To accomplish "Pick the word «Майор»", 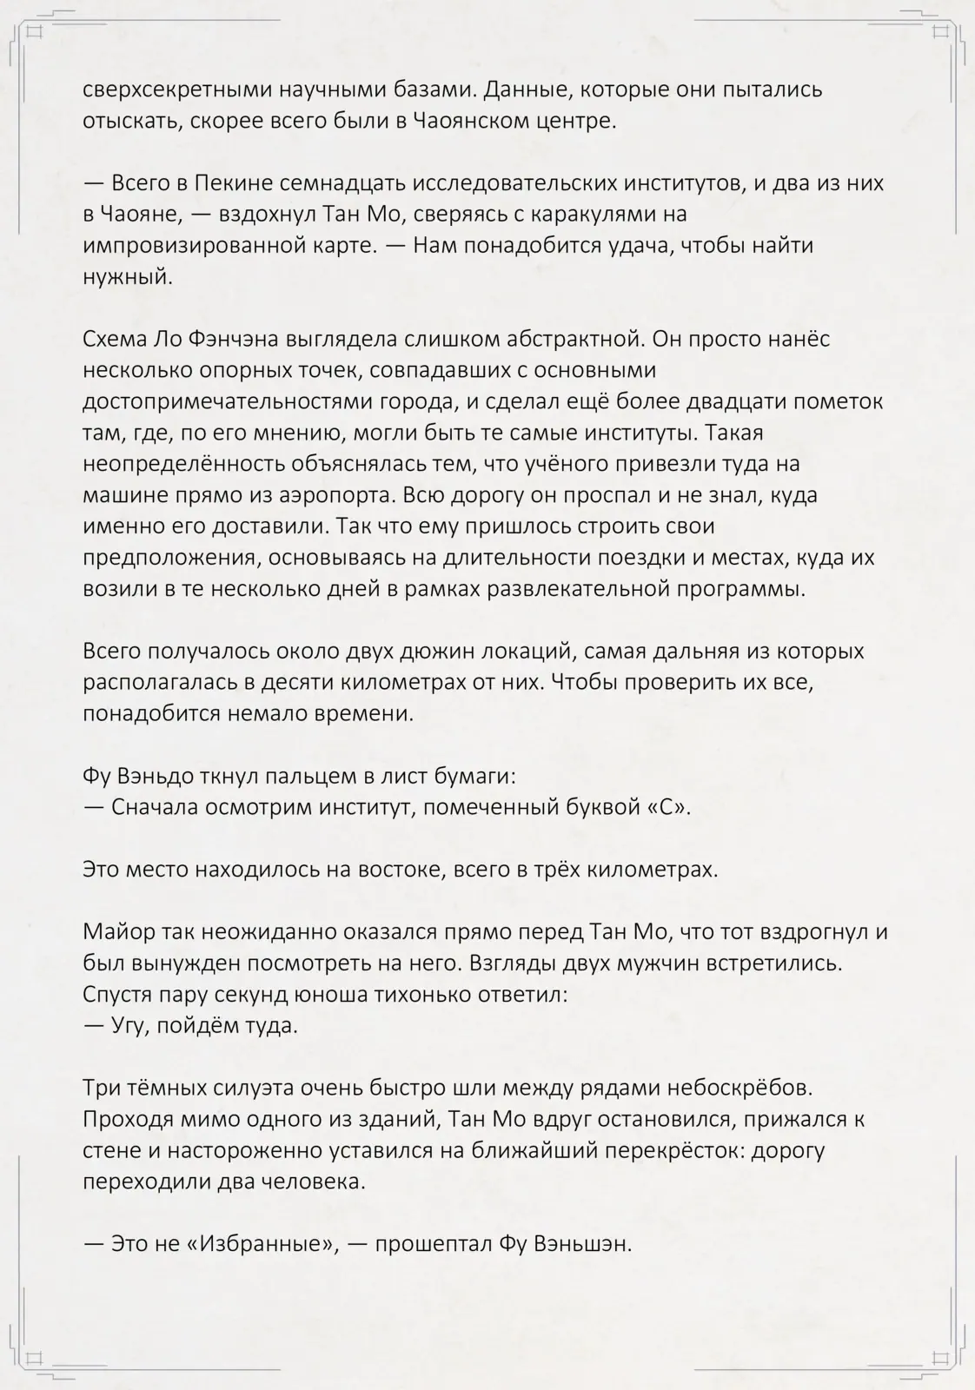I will pos(118,932).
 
